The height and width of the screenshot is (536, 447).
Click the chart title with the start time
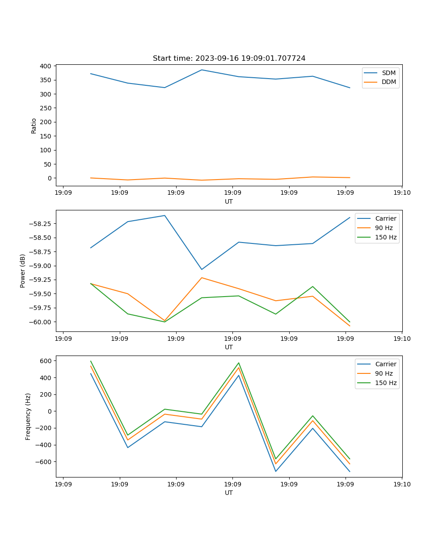[229, 59]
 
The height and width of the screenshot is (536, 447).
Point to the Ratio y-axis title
[34, 126]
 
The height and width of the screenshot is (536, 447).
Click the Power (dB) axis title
[23, 271]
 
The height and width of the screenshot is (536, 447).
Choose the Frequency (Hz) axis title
[28, 416]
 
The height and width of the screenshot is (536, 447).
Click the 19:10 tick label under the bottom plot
[402, 484]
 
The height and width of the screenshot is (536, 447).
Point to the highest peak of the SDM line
[202, 70]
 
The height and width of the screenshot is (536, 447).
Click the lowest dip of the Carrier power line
[202, 269]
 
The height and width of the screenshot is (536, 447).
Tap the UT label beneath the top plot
[229, 201]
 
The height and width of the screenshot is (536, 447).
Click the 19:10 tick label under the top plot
[402, 193]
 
